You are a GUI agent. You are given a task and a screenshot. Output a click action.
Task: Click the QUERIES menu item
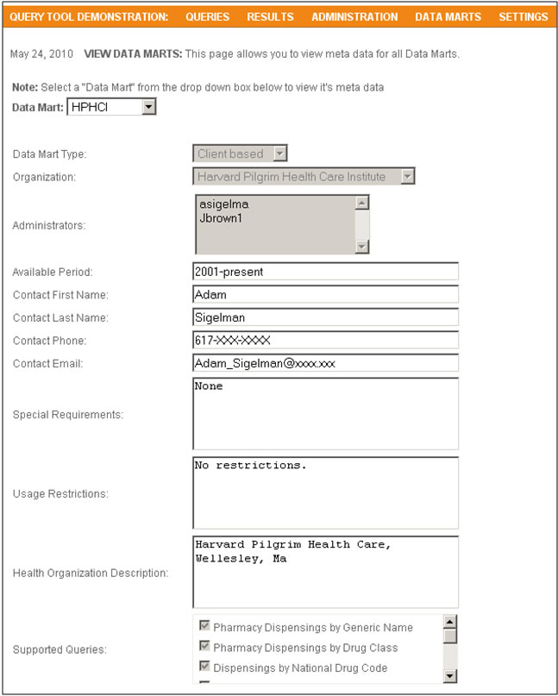click(x=208, y=16)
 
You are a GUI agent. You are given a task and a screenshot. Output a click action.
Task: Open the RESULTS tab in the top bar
click(x=270, y=16)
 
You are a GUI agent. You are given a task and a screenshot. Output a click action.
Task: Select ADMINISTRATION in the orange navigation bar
click(x=354, y=16)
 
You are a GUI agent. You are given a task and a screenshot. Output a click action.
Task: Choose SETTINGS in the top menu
click(x=523, y=16)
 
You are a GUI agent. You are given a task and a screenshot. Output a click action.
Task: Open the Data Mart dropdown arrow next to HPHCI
click(x=148, y=107)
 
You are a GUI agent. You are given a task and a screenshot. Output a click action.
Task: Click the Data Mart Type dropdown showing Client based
click(x=240, y=154)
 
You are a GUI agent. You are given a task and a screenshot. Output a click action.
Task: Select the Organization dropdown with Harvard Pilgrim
click(x=304, y=177)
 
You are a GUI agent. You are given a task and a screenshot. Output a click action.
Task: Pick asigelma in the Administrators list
click(x=223, y=204)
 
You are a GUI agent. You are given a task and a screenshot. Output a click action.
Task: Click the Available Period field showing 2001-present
click(x=325, y=271)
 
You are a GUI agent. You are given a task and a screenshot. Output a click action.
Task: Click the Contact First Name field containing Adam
click(x=325, y=294)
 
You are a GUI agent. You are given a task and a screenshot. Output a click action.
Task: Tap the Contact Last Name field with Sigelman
click(x=325, y=317)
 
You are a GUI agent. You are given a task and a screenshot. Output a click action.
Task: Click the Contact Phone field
click(x=325, y=340)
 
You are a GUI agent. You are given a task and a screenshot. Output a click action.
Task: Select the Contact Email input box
click(x=325, y=363)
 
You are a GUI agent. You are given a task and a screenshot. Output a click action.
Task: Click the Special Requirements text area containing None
click(x=325, y=413)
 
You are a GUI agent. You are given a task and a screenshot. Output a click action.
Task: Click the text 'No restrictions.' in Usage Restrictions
click(x=251, y=466)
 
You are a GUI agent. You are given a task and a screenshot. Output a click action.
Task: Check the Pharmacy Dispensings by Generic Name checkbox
click(x=205, y=627)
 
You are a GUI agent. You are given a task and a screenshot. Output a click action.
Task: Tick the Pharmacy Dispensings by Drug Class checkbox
click(x=205, y=647)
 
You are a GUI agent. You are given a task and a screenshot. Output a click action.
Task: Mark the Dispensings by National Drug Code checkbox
click(x=205, y=668)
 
